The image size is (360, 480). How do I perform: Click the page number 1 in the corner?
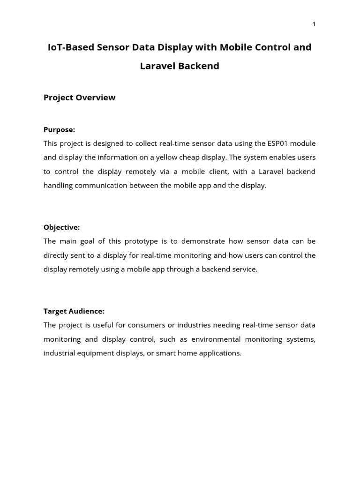(314, 24)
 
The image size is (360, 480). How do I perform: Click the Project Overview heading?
(79, 97)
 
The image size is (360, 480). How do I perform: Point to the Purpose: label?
(59, 129)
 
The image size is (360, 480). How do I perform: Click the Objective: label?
(61, 227)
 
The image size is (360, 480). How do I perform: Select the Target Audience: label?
(74, 311)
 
